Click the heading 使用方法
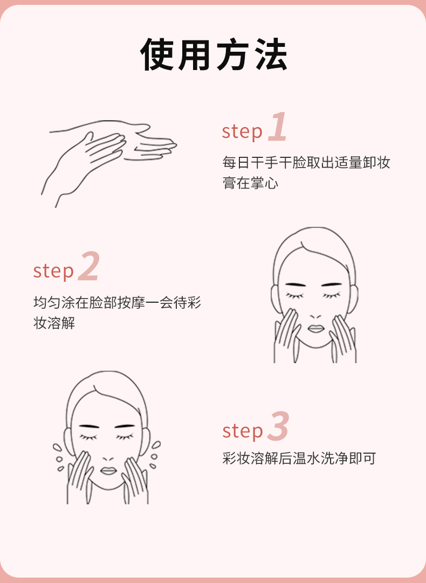pyautogui.click(x=214, y=54)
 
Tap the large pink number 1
pyautogui.click(x=278, y=127)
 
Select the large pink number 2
pyautogui.click(x=89, y=266)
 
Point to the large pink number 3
pyautogui.click(x=278, y=426)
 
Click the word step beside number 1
pyautogui.click(x=242, y=131)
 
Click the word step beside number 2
pyautogui.click(x=53, y=270)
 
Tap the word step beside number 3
pyautogui.click(x=243, y=431)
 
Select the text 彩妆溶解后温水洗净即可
pyautogui.click(x=299, y=459)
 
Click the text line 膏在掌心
pyautogui.click(x=250, y=183)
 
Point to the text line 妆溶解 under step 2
pyautogui.click(x=54, y=323)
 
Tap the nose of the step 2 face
pyautogui.click(x=315, y=316)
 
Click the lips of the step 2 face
pyautogui.click(x=316, y=329)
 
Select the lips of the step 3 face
pyautogui.click(x=108, y=471)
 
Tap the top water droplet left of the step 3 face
pyautogui.click(x=57, y=447)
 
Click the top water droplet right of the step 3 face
pyautogui.click(x=156, y=445)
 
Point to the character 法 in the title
pyautogui.click(x=271, y=54)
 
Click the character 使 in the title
pyautogui.click(x=156, y=54)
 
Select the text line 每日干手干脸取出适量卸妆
pyautogui.click(x=306, y=163)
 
